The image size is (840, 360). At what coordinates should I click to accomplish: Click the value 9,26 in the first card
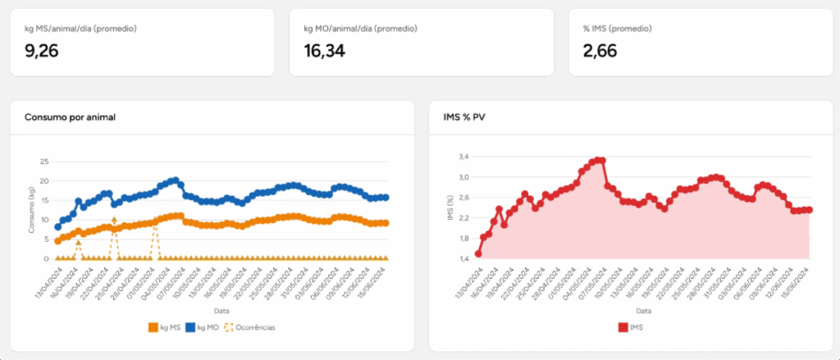pyautogui.click(x=42, y=52)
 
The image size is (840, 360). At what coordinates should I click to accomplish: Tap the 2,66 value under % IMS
pyautogui.click(x=600, y=52)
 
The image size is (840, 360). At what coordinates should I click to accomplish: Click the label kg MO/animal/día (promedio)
pyautogui.click(x=360, y=29)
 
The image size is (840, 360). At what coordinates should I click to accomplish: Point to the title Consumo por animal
pyautogui.click(x=70, y=117)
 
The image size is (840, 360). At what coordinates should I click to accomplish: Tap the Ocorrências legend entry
pyautogui.click(x=249, y=327)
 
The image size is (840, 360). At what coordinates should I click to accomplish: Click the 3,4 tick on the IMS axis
pyautogui.click(x=463, y=157)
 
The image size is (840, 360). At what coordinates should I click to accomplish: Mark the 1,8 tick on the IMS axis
pyautogui.click(x=463, y=239)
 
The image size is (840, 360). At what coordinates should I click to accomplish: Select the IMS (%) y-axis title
pyautogui.click(x=450, y=208)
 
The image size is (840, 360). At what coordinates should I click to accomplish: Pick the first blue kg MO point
pyautogui.click(x=57, y=227)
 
